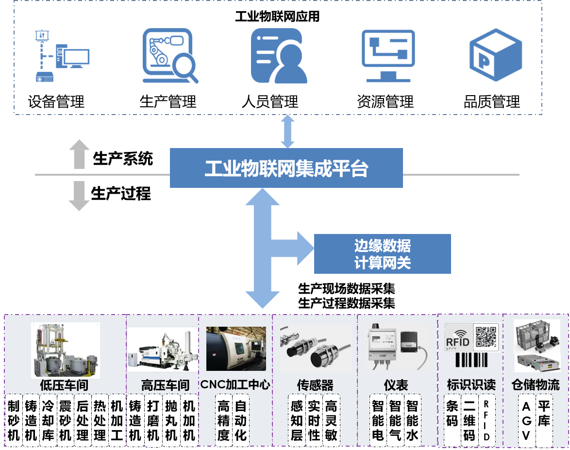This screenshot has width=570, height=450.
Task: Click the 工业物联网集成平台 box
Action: pos(286,168)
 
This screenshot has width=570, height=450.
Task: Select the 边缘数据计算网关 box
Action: pos(382,254)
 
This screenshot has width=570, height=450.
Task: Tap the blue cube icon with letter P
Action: pos(495,54)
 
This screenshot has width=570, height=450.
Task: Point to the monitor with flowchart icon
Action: pos(388,55)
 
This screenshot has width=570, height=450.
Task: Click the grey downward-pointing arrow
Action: pos(79,196)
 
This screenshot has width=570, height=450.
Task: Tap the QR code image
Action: pos(486,336)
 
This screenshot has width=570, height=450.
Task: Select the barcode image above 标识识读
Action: pos(471,360)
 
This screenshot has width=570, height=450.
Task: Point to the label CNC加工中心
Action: pos(235,385)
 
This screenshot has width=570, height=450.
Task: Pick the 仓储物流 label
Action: pos(536,385)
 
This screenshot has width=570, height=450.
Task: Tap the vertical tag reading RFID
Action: pos(486,420)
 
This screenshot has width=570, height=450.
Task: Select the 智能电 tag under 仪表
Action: pos(378,420)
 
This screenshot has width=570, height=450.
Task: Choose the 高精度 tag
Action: pos(223,420)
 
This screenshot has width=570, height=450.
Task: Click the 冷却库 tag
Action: pos(48,420)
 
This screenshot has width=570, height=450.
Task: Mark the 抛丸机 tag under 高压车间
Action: pos(171,420)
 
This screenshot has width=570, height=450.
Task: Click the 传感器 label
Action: pos(315,385)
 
